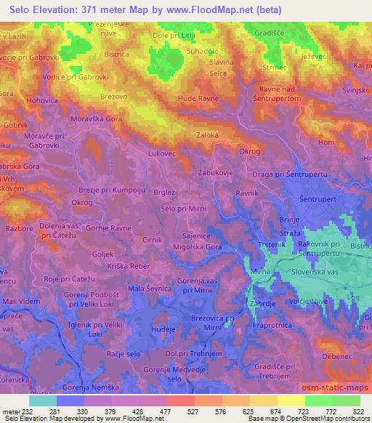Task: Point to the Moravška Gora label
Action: coord(97,118)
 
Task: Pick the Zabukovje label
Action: coord(216,174)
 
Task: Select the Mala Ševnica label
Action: coord(149,289)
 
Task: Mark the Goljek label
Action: coord(104,254)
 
